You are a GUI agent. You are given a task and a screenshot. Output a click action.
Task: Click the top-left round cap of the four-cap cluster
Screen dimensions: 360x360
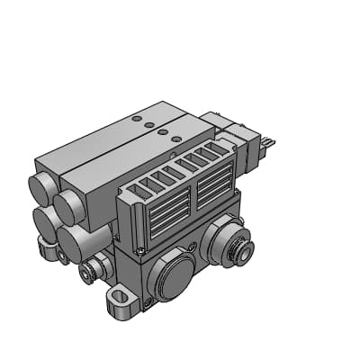[42, 188]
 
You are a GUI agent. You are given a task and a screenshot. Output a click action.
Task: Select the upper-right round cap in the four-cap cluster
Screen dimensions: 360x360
[69, 207]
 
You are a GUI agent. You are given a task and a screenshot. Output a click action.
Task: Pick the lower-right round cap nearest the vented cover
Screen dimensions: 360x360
[74, 241]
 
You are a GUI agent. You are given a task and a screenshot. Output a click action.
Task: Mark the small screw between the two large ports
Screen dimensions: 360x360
[191, 247]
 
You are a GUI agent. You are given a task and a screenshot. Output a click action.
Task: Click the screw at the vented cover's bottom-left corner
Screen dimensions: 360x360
[140, 248]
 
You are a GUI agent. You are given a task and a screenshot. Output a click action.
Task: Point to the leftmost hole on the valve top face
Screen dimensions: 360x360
[136, 118]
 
